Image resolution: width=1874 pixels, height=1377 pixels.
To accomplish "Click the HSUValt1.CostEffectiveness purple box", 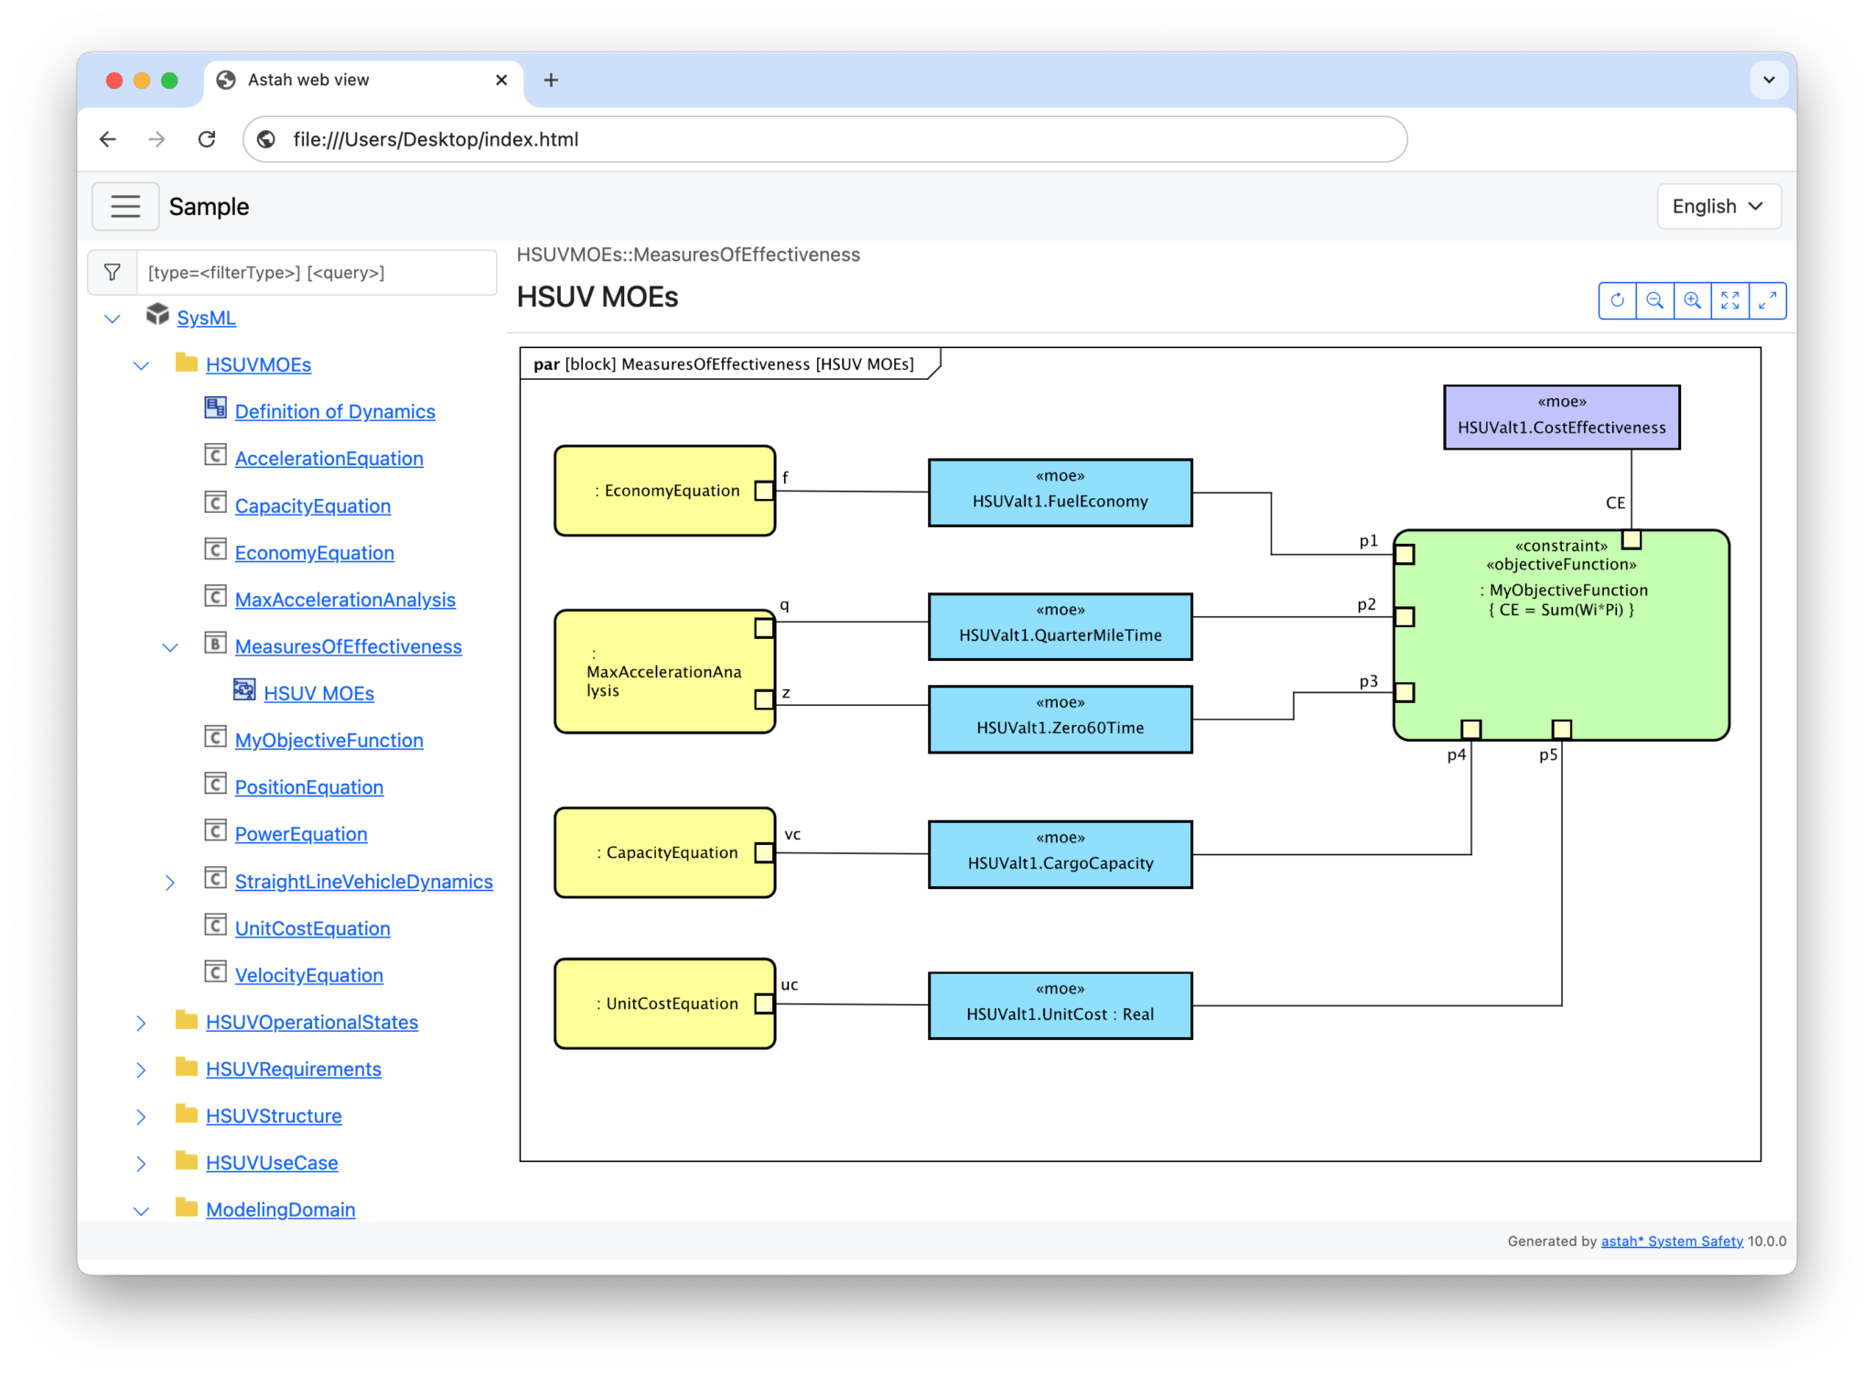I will (1561, 417).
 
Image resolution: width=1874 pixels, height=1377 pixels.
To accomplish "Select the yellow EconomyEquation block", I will (663, 491).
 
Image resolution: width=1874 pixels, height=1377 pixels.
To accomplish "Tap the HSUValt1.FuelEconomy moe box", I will (1060, 493).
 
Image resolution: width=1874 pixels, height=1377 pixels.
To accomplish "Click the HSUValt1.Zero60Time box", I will (1060, 719).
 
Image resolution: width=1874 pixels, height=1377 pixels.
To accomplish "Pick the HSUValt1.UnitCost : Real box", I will (1060, 1005).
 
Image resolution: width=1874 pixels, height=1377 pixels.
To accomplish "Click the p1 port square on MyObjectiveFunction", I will (1405, 554).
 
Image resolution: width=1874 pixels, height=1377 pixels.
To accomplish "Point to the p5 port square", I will (1561, 729).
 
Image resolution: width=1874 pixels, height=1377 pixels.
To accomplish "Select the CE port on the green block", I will (1631, 539).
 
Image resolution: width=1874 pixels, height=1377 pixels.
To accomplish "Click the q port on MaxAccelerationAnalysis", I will (764, 628).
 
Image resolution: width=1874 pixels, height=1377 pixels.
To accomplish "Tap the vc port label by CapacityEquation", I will (792, 834).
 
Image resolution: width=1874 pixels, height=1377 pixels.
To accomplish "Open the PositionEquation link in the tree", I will (308, 787).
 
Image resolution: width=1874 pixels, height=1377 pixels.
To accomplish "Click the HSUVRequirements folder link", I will (293, 1068).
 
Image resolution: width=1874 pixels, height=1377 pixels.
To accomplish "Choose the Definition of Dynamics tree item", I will (334, 412).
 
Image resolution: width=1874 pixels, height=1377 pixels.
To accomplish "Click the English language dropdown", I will (1718, 206).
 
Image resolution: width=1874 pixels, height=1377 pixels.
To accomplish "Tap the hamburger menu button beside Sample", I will (125, 206).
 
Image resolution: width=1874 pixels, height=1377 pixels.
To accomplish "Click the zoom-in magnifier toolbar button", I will (1692, 300).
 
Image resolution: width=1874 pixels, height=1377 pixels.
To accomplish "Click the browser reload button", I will (207, 139).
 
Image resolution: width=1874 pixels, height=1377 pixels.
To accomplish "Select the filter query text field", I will (316, 273).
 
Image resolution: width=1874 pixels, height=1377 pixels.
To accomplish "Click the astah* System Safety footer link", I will (1671, 1241).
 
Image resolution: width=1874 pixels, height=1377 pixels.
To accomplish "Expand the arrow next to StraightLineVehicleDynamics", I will (170, 882).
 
